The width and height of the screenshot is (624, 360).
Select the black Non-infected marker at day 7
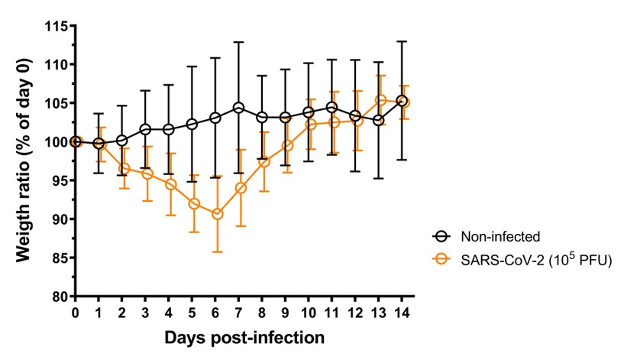coord(239,108)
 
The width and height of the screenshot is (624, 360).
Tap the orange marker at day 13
coord(380,100)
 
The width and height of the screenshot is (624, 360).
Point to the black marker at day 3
coord(146,129)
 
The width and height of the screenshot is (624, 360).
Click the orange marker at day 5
coord(193,203)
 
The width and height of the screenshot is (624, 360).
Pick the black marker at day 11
coord(332,108)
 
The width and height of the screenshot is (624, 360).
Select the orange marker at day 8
coord(263,162)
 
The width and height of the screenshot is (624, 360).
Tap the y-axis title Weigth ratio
coord(24,161)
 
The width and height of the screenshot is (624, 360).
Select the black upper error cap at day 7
coord(239,42)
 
